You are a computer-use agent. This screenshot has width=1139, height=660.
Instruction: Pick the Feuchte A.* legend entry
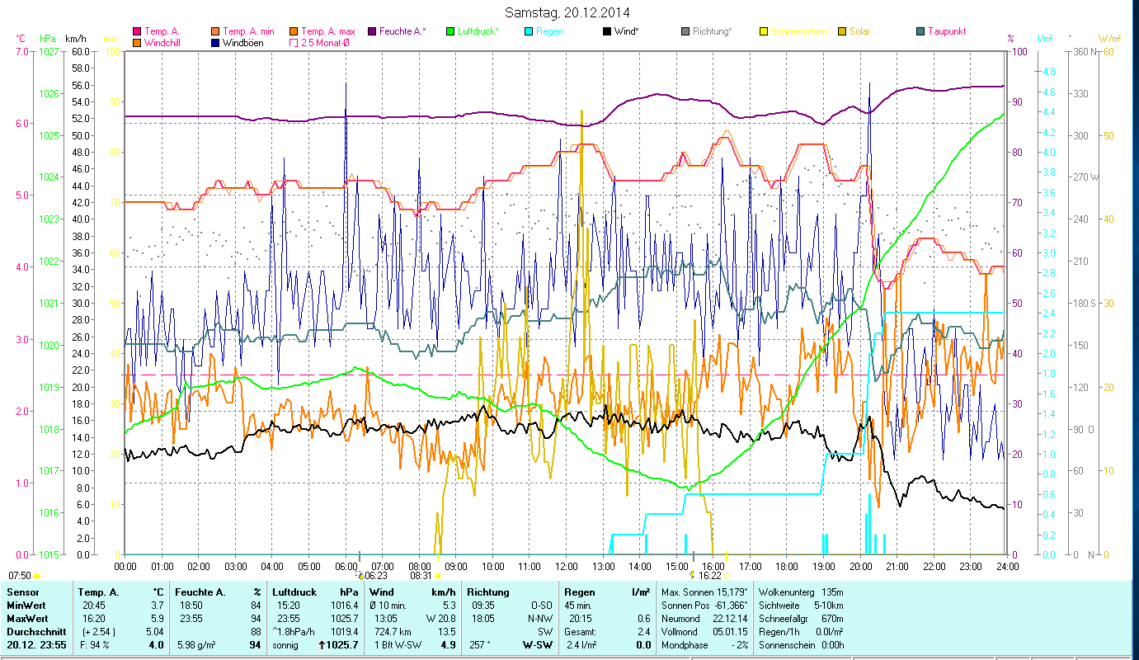click(402, 31)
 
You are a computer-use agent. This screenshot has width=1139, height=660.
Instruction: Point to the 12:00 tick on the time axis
click(567, 567)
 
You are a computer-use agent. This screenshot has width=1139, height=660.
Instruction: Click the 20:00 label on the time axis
click(860, 567)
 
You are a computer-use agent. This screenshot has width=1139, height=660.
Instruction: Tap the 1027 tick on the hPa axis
click(49, 51)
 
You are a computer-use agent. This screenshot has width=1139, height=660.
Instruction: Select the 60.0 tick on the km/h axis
click(80, 51)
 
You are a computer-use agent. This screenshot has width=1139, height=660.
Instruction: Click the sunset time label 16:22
click(710, 576)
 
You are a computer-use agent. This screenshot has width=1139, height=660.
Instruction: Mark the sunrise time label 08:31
click(421, 576)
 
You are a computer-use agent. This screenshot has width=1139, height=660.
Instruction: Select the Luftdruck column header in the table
click(294, 592)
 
